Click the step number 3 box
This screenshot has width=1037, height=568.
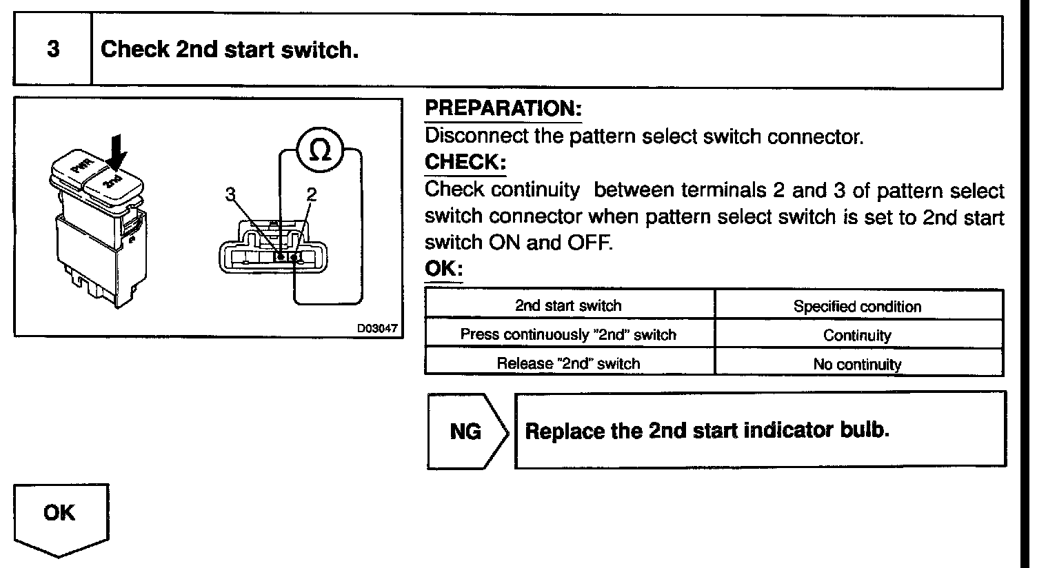[x=53, y=50]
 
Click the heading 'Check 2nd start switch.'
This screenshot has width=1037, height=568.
[x=230, y=50]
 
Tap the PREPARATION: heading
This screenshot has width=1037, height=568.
[x=503, y=108]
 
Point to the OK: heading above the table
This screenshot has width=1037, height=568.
[x=443, y=269]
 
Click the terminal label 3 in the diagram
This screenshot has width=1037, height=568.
[x=231, y=196]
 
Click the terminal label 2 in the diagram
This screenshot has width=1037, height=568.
[x=310, y=196]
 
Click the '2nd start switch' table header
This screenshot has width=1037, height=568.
[x=568, y=305]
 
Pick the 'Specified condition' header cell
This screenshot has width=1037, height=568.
[x=857, y=307]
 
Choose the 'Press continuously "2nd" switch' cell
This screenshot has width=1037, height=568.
[x=568, y=335]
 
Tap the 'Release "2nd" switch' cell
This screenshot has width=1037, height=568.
[x=568, y=363]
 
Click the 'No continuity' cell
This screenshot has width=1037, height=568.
[x=857, y=364]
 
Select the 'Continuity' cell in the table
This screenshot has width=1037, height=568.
[x=857, y=336]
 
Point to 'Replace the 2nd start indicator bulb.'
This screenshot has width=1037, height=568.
[x=707, y=431]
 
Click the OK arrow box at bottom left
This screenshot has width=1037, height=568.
[x=60, y=516]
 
